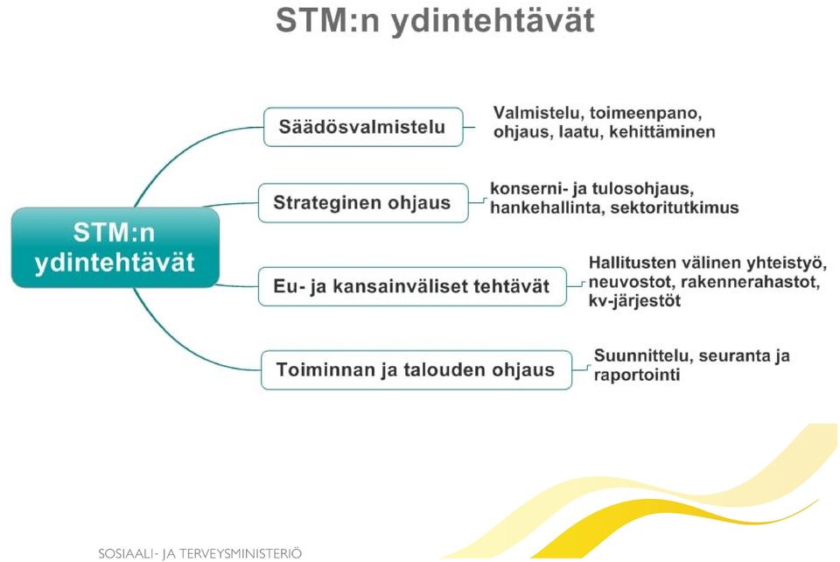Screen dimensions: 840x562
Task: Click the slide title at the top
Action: point(435,21)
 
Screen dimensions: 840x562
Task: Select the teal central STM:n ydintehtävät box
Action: point(115,248)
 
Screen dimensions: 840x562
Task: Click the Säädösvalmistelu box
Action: point(363,127)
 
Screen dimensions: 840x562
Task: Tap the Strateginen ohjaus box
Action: point(363,202)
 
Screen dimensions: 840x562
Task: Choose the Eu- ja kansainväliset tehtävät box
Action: point(412,286)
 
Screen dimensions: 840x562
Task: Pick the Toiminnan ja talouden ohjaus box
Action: point(416,369)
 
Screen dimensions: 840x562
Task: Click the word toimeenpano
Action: point(646,114)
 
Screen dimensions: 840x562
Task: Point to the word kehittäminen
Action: point(662,132)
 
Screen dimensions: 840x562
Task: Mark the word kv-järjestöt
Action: point(634,300)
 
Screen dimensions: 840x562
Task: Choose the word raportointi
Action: point(637,375)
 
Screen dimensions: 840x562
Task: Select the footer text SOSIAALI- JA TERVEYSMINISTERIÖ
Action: point(199,553)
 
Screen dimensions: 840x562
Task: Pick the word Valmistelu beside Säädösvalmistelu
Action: point(538,114)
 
